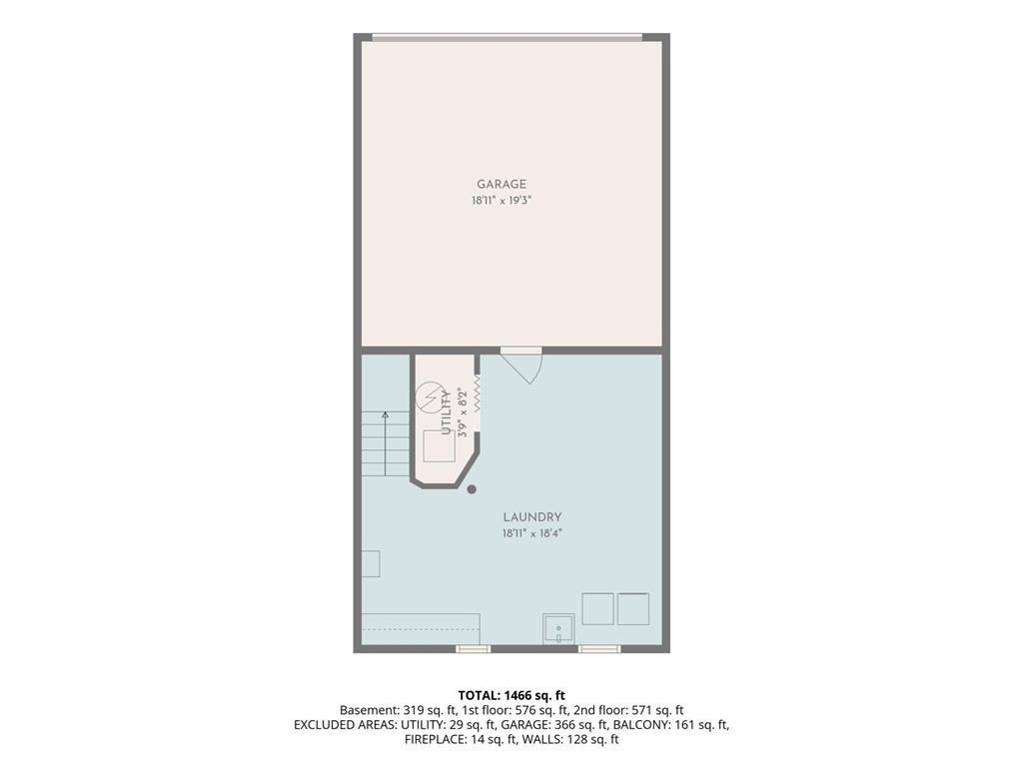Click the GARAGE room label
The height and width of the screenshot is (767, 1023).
(x=502, y=185)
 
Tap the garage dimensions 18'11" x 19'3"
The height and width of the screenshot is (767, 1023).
(x=502, y=201)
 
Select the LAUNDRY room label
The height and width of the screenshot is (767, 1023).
(x=531, y=517)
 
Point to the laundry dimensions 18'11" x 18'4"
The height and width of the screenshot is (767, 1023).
(x=531, y=533)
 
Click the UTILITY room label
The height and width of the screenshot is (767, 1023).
(x=447, y=412)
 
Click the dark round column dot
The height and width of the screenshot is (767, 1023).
(x=472, y=489)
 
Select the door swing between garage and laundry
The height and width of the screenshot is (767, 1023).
(x=521, y=366)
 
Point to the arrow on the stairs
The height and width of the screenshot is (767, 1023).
(x=386, y=443)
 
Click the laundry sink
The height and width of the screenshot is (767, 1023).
(x=558, y=629)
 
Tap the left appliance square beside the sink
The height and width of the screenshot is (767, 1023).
(x=597, y=609)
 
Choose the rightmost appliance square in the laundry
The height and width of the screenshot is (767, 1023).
(x=633, y=609)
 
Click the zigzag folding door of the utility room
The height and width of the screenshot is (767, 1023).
(x=477, y=393)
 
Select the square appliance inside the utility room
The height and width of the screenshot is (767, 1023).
(x=440, y=446)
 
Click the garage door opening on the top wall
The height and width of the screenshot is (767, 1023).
(x=507, y=37)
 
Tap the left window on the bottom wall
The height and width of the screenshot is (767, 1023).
(x=473, y=649)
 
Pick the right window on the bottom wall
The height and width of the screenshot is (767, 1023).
(x=599, y=649)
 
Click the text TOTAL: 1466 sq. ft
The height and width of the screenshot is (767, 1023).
(x=511, y=695)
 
